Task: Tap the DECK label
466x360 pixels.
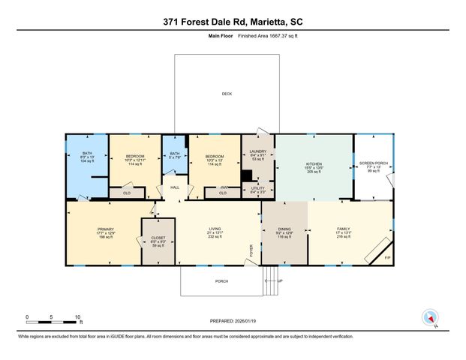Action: click(226, 94)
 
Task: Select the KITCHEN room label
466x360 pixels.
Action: click(314, 163)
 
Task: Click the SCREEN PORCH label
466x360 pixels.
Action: click(372, 163)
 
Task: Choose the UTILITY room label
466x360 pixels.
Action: click(257, 187)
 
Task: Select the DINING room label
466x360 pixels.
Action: click(284, 229)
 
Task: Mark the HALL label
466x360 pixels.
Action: click(174, 187)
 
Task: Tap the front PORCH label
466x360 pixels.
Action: click(222, 282)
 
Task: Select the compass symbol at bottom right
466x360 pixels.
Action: click(430, 316)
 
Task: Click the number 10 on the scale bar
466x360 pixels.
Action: click(77, 316)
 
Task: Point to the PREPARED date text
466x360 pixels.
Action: click(232, 322)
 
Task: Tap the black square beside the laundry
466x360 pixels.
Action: click(246, 176)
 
